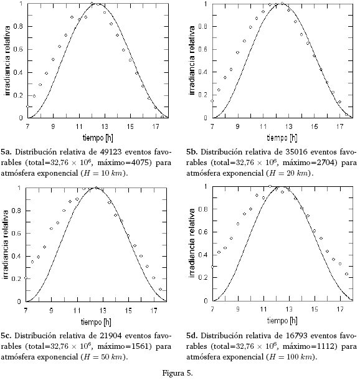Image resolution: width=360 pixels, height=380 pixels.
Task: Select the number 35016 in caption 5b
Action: pos(297,152)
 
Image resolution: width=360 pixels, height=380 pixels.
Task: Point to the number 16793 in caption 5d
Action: pos(297,336)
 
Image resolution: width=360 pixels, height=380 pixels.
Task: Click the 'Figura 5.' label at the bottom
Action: pos(178,373)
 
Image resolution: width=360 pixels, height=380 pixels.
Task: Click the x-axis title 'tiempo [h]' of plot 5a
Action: pos(98,138)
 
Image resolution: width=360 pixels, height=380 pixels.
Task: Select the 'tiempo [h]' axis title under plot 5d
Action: pos(282,321)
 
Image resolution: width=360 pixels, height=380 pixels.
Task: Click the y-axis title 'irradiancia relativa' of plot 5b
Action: pos(192,60)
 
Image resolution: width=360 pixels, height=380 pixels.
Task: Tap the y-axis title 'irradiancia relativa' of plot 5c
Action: pos(6,245)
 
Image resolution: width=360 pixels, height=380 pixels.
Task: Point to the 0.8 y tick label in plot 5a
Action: pos(18,26)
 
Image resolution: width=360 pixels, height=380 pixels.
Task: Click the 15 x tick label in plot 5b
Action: pos(314,126)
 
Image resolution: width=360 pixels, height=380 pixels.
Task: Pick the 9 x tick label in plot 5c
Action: pos(51,311)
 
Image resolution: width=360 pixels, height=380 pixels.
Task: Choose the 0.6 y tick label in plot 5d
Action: pos(203,232)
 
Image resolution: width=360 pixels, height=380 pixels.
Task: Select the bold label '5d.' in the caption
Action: pos(192,336)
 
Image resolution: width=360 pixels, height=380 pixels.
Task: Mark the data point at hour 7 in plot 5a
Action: pos(27,107)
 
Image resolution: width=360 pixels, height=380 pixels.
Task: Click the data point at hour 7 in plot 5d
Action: pos(212,267)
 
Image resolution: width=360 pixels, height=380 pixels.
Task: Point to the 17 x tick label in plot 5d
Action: pos(340,309)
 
